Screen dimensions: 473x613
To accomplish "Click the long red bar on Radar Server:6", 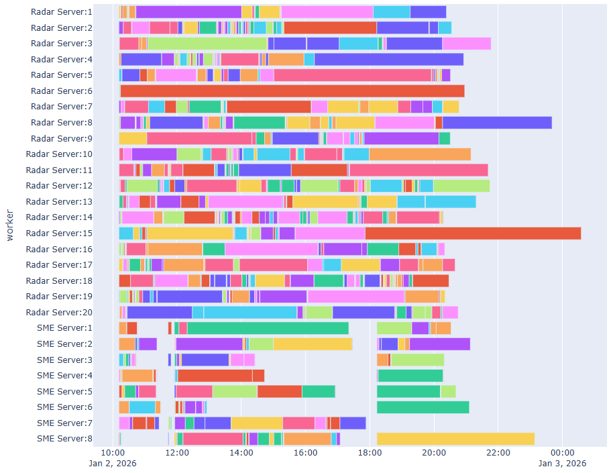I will [292, 91].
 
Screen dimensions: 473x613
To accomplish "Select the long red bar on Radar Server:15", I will [473, 233].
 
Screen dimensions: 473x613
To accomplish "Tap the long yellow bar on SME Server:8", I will [455, 439].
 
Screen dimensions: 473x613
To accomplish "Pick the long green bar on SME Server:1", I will [268, 328].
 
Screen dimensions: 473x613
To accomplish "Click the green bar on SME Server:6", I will [423, 407].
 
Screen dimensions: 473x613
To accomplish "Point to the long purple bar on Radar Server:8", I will [497, 122].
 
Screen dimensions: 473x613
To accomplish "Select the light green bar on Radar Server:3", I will [207, 44].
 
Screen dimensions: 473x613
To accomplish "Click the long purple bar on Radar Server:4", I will [389, 59].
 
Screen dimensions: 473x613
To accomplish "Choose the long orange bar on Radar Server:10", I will [420, 154].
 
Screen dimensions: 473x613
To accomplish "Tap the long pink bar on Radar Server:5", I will [352, 75].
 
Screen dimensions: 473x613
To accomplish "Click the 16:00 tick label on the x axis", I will [305, 453].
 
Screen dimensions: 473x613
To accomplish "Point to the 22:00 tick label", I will [498, 453].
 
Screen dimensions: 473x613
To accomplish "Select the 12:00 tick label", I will [176, 453].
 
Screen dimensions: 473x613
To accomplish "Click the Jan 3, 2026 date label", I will [562, 463].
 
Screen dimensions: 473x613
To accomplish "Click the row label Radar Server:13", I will [59, 201].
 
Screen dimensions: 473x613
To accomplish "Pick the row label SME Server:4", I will [64, 376].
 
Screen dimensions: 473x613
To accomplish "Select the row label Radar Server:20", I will [59, 312].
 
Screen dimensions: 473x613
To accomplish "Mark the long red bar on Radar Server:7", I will [269, 107].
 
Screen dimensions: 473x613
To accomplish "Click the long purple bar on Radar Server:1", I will [188, 11].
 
